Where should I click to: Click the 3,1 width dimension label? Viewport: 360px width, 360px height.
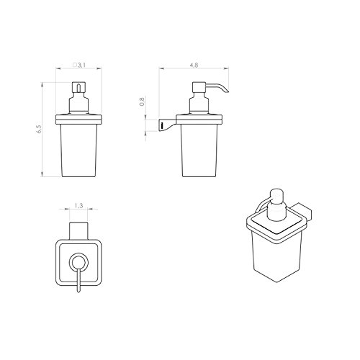[x=81, y=65]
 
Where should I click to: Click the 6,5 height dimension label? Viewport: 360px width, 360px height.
[x=40, y=130]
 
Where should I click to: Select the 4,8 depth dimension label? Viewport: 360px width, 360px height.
[x=194, y=65]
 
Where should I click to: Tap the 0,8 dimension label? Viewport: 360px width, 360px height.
[x=142, y=102]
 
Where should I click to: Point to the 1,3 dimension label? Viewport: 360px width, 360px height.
[x=78, y=206]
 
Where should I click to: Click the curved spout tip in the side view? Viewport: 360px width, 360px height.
[x=228, y=91]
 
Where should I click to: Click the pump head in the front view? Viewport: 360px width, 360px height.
[x=78, y=87]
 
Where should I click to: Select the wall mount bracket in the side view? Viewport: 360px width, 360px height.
[x=168, y=125]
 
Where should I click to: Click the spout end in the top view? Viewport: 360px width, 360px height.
[x=78, y=290]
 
